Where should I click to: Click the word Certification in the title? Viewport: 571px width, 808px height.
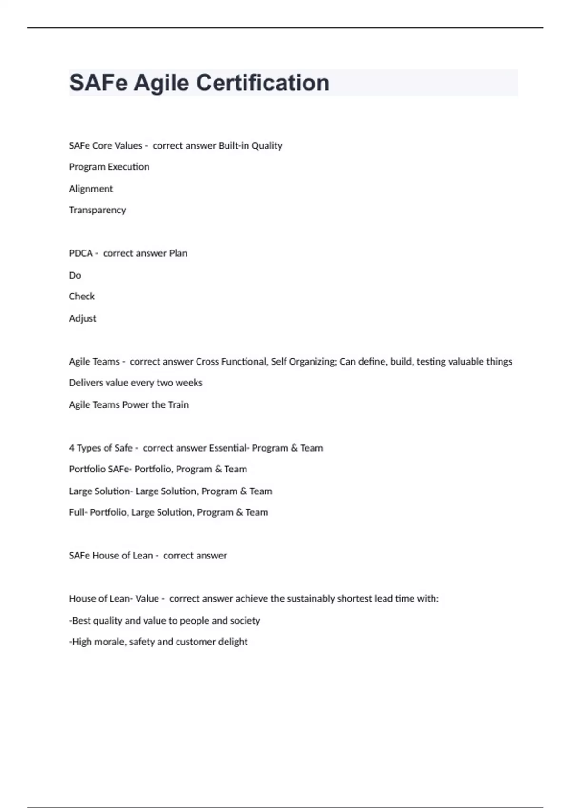pos(263,83)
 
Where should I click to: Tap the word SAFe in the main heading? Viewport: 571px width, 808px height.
pos(98,83)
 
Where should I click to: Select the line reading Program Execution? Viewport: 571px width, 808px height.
pos(109,167)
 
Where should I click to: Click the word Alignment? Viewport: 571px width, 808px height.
pos(91,189)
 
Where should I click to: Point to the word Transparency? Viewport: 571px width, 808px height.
pos(97,210)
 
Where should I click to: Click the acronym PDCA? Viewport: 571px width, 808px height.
pos(81,253)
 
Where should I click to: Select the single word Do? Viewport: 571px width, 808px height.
pos(75,275)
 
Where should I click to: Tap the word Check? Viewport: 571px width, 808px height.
pos(82,297)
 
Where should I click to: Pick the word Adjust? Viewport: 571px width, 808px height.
pos(82,318)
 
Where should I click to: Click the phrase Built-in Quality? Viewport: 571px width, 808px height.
pos(250,146)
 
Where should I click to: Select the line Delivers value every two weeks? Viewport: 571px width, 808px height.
pos(136,383)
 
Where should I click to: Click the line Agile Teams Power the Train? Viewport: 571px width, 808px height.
pos(129,405)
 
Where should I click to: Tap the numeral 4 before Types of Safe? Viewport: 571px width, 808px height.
pos(72,448)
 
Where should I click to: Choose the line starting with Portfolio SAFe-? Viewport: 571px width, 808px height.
pos(158,469)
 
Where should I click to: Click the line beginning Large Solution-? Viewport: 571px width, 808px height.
pos(170,491)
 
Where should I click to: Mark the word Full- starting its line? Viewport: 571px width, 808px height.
pos(78,512)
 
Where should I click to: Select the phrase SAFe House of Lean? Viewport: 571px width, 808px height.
pos(111,556)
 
